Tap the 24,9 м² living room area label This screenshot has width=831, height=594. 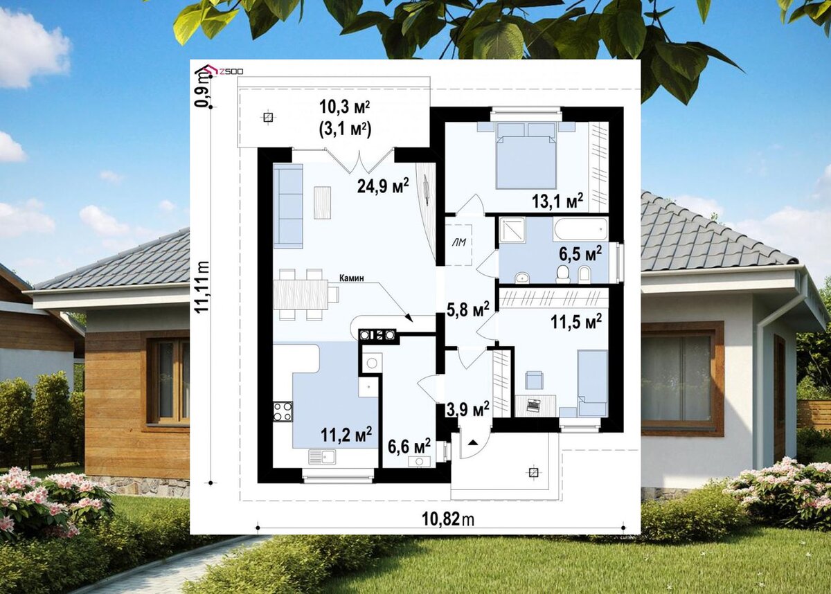[x=383, y=186]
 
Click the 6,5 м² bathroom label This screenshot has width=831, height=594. [x=580, y=253]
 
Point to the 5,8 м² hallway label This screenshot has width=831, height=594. [x=468, y=309]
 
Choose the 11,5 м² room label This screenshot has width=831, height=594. [x=575, y=321]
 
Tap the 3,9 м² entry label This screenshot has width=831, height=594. [x=468, y=409]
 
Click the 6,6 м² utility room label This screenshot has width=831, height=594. [x=409, y=447]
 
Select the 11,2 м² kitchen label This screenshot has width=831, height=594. [x=346, y=434]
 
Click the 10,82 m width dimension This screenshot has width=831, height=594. [x=448, y=519]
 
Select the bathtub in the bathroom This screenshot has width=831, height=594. [x=580, y=230]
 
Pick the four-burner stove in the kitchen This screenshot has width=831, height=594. [x=283, y=412]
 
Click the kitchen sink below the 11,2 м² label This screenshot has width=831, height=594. [x=322, y=457]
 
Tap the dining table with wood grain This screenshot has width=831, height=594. [x=301, y=295]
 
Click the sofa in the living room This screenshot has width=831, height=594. [x=288, y=206]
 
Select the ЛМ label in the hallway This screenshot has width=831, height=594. [x=458, y=242]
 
